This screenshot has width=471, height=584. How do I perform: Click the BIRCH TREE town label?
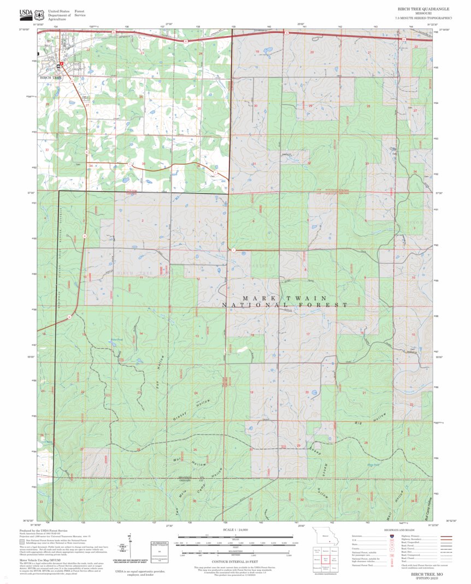coord(50,78)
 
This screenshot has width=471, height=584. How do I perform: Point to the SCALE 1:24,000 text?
coord(236,530)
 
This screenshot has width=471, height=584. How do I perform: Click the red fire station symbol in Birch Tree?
coord(62,64)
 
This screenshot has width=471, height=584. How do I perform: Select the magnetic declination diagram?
coord(128,548)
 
